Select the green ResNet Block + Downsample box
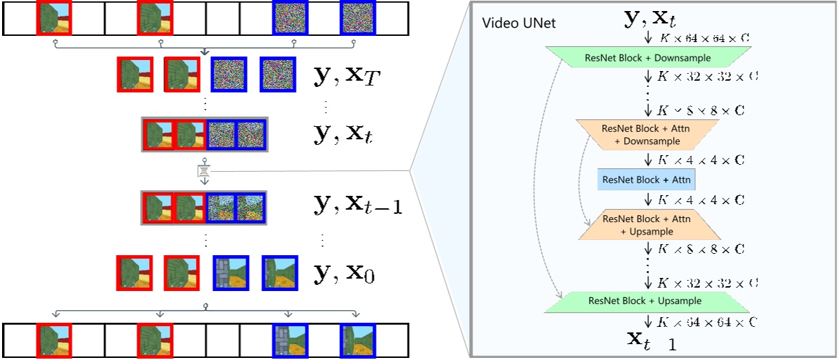648,57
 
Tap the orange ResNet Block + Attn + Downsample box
647,135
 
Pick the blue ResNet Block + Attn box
647,179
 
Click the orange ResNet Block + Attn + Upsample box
647,225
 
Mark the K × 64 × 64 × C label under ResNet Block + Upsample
708,321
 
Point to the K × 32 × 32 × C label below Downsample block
708,76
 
